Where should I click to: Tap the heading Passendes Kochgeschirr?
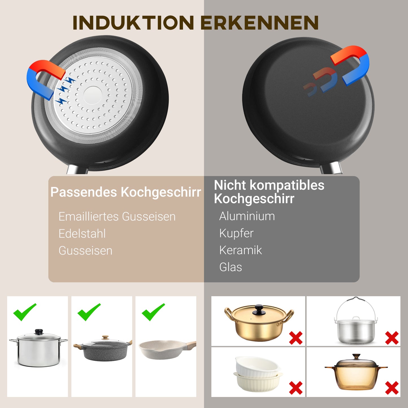[126, 192]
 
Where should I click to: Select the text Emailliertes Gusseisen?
[117, 217]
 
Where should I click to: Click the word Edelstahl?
[82, 234]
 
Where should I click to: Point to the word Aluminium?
[247, 216]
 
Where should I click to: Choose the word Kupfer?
[236, 233]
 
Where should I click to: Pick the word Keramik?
[241, 250]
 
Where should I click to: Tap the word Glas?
[230, 267]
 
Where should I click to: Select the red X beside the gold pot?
[296, 338]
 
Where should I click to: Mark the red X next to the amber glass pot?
[392, 388]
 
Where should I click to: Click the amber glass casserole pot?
[356, 373]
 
